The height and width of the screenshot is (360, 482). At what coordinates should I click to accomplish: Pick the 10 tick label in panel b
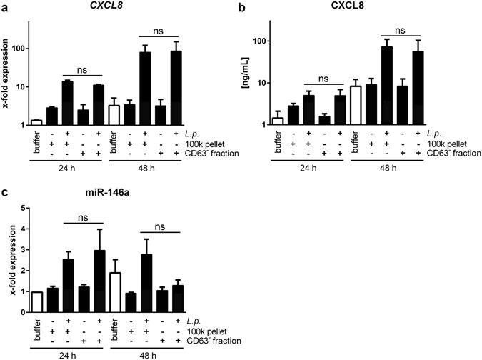(276, 83)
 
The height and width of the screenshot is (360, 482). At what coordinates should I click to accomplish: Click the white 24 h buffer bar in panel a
(36, 122)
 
